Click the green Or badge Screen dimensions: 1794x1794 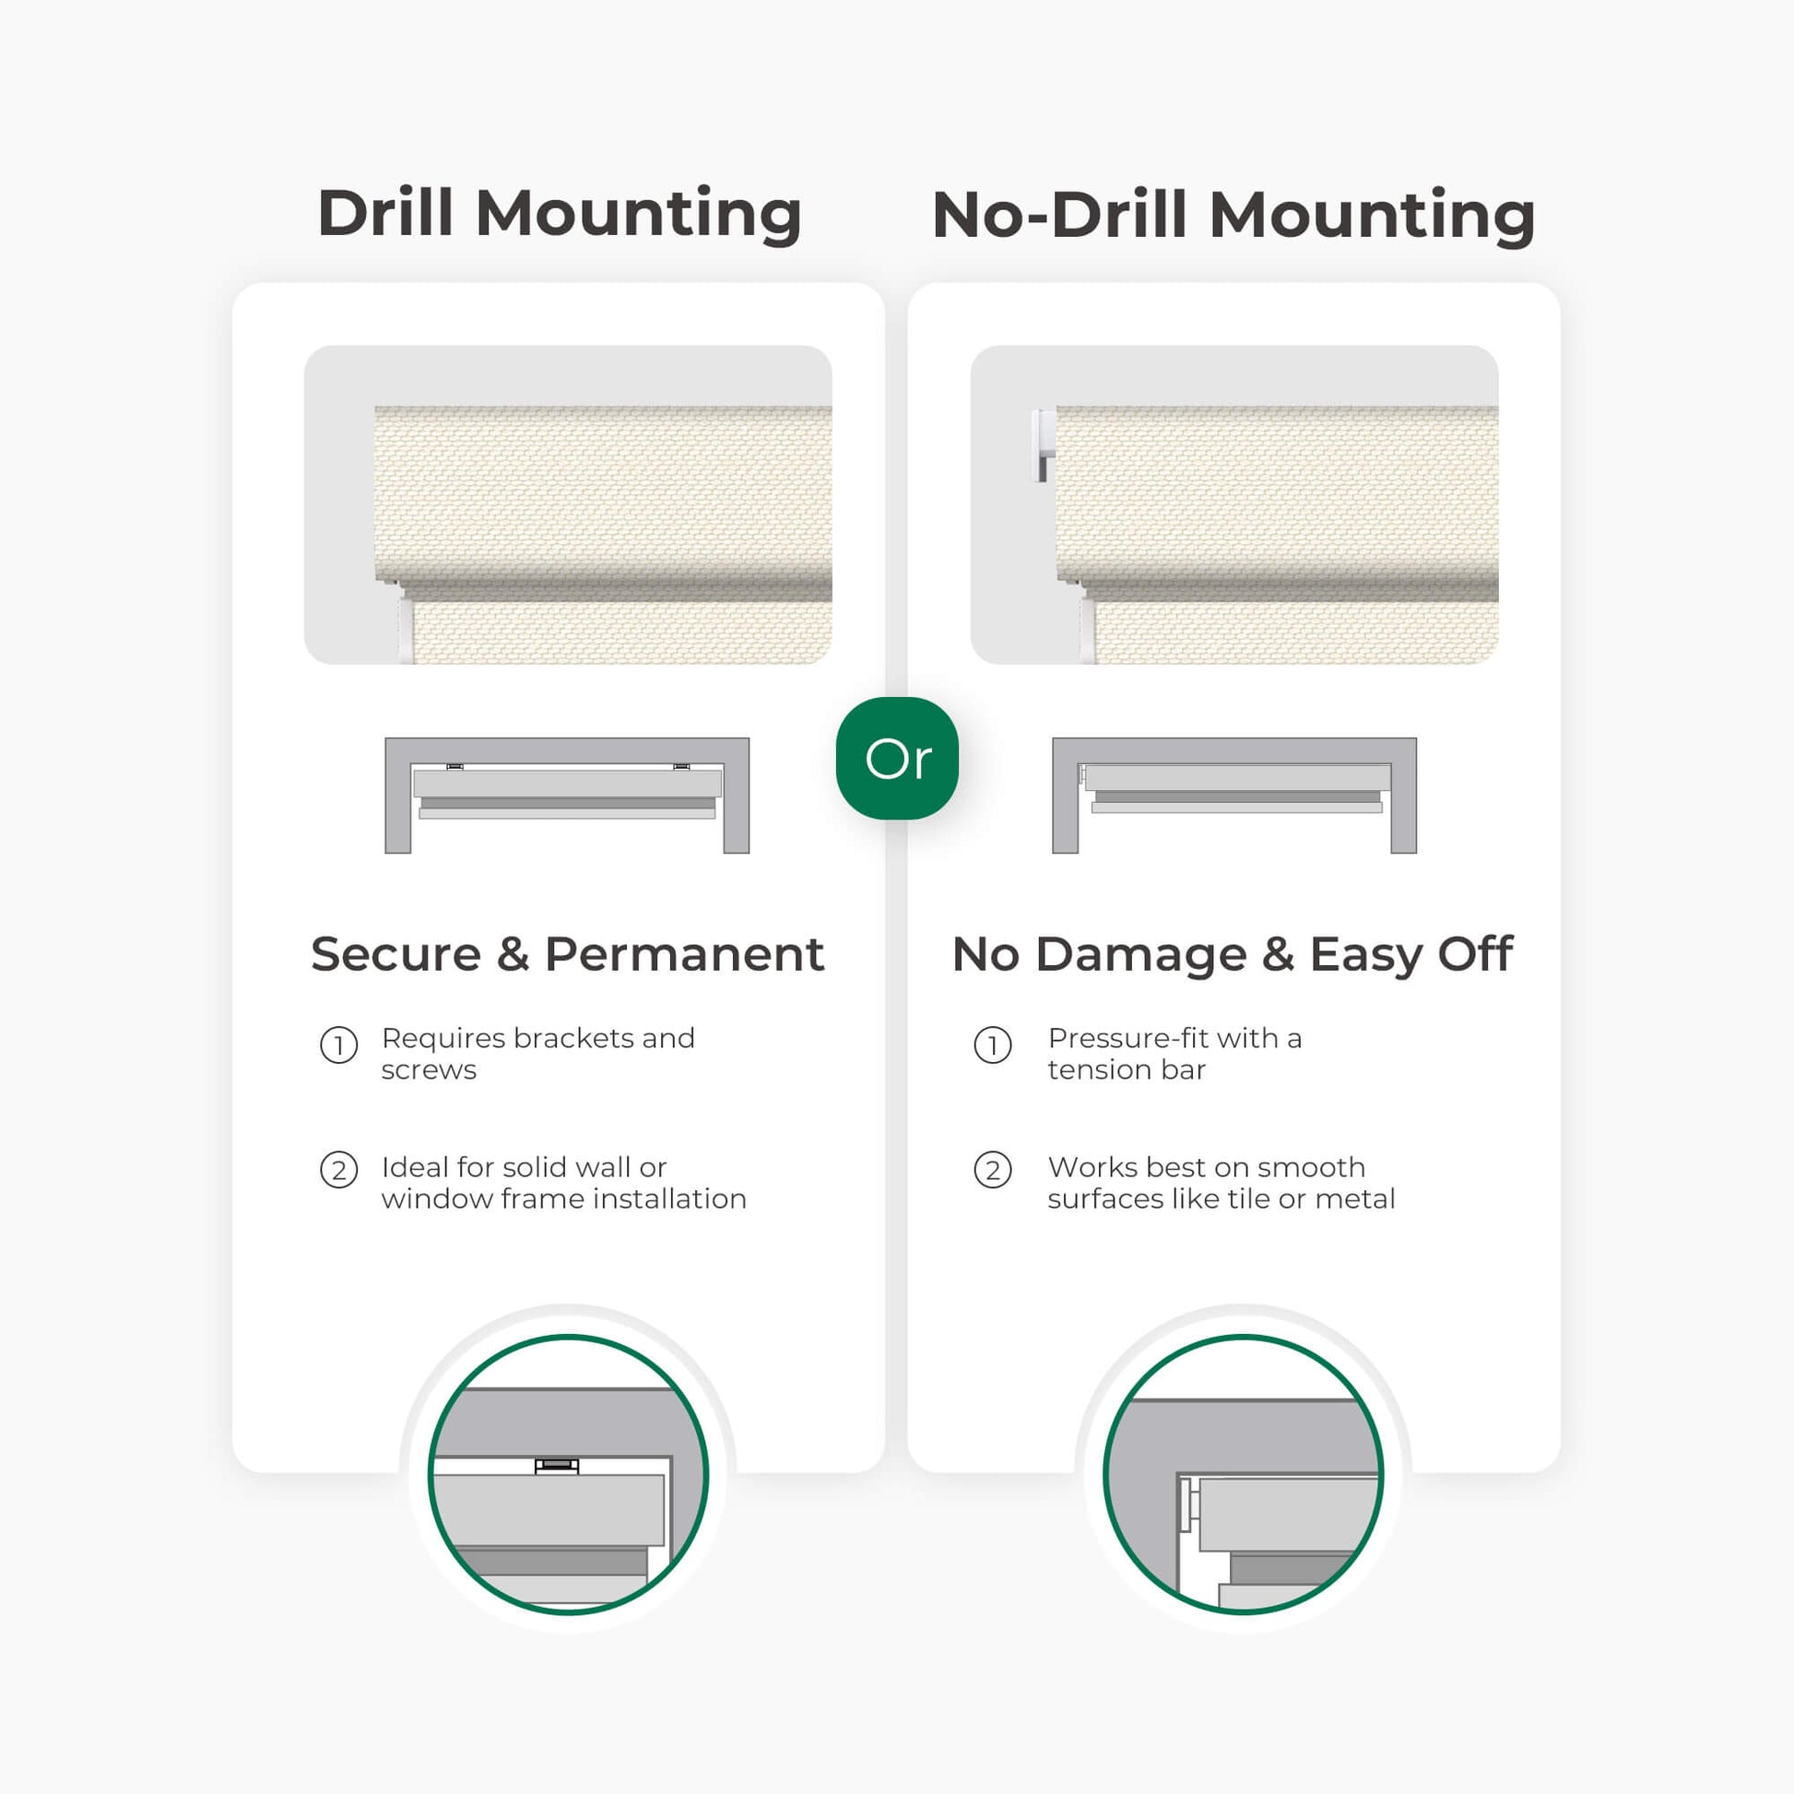tap(897, 759)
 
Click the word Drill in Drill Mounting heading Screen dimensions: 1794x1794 tap(385, 213)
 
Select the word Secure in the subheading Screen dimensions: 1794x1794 tap(396, 954)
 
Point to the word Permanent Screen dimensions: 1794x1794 tap(684, 954)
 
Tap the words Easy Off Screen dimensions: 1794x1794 tap(1411, 955)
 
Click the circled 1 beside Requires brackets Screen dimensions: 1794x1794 tap(339, 1045)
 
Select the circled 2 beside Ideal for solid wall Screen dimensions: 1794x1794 tap(339, 1170)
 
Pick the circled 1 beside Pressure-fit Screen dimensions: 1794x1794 tap(993, 1045)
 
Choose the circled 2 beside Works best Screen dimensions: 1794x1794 tap(993, 1170)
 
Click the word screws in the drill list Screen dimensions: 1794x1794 tap(429, 1070)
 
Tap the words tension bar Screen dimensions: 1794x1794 tap(1127, 1069)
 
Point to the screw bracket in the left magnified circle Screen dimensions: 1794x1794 tap(557, 1465)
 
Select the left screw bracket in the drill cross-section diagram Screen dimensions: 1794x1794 tap(455, 767)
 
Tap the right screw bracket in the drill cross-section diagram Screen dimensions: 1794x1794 tap(681, 767)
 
